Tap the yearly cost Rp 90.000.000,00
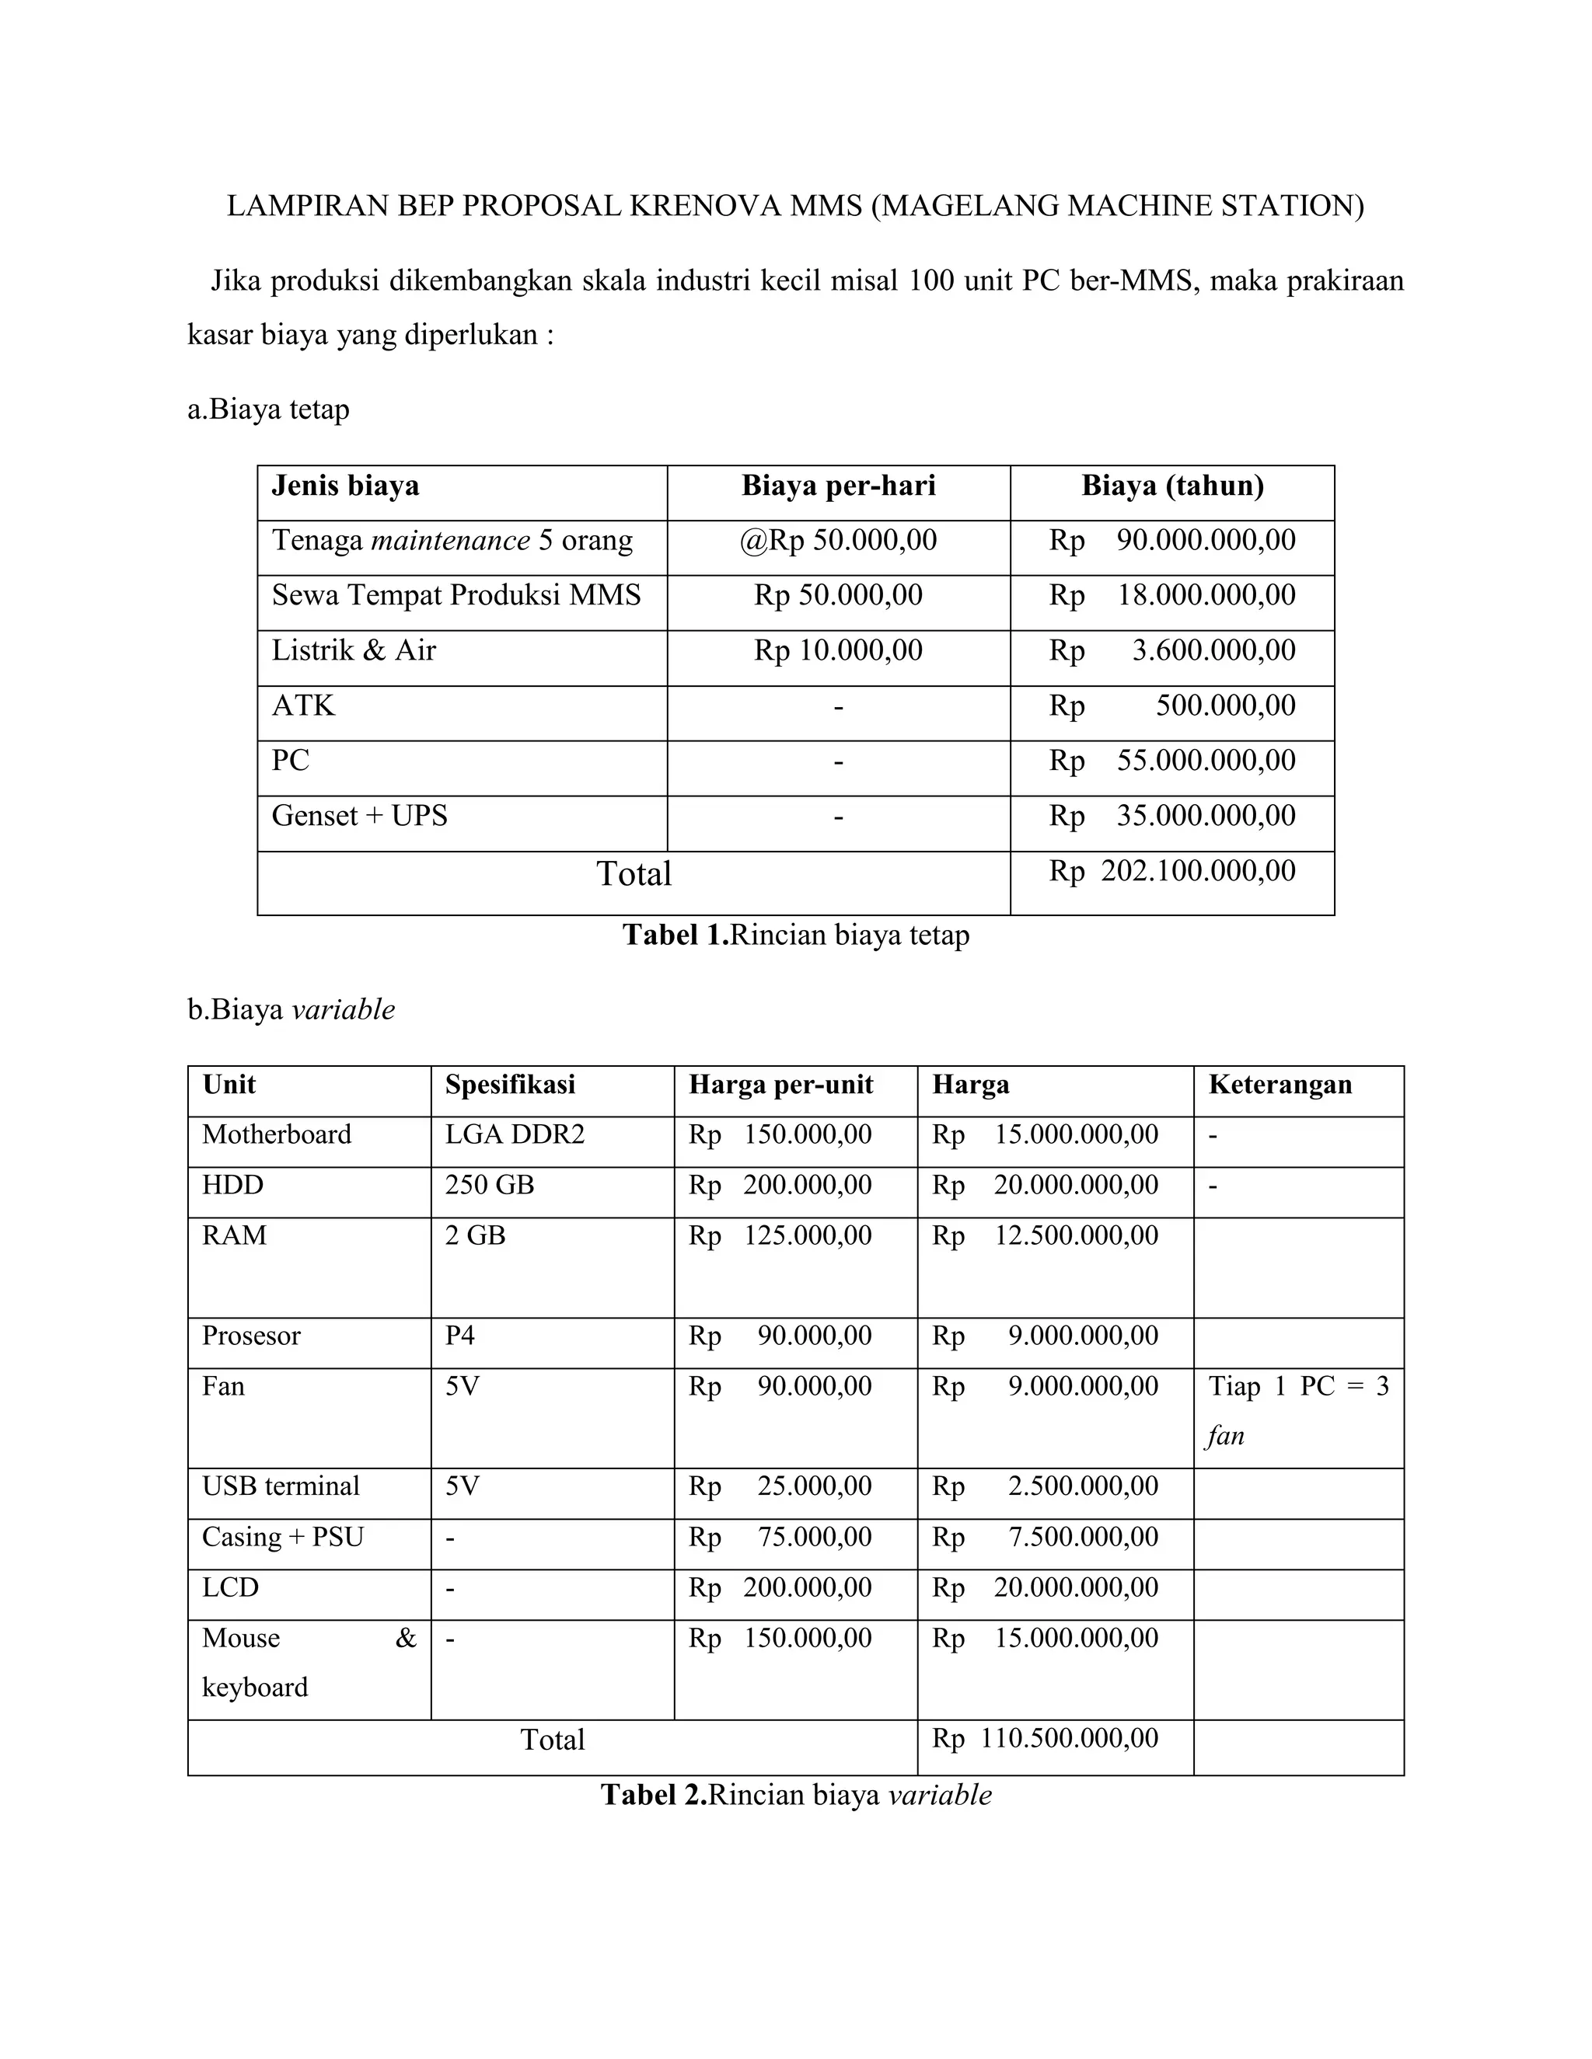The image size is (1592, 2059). coord(1172,540)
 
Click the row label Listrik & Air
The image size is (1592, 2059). coord(354,650)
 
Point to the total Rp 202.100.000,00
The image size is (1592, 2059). coord(1172,870)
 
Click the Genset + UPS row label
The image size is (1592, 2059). coord(359,816)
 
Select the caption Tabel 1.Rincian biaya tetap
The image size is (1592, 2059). coord(795,935)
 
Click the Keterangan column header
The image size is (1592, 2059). coord(1280,1084)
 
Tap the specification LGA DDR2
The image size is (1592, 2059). coord(515,1134)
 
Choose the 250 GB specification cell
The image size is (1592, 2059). coord(490,1185)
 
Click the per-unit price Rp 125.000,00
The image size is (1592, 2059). coord(780,1235)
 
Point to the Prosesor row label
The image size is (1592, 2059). coord(251,1336)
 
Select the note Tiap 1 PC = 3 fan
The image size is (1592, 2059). coord(1297,1410)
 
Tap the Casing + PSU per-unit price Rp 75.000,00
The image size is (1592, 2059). coord(780,1537)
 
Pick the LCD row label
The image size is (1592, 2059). coord(230,1587)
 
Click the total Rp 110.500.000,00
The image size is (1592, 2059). coord(1045,1738)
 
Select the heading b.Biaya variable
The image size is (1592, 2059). coord(291,1010)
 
